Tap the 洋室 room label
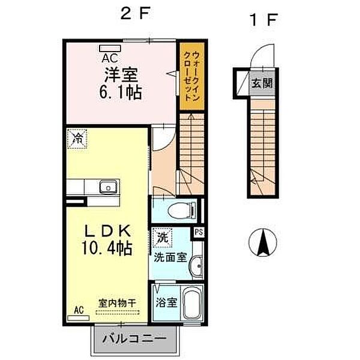click(x=122, y=75)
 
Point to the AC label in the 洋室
click(x=110, y=58)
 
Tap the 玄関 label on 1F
click(x=262, y=83)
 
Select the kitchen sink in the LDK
click(x=107, y=187)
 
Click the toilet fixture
click(x=179, y=210)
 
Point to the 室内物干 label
click(x=116, y=304)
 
